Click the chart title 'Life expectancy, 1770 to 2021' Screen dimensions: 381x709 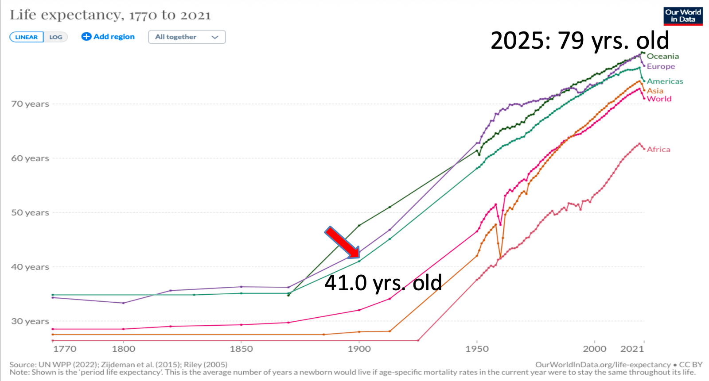(x=110, y=15)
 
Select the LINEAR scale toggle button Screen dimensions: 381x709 (x=27, y=37)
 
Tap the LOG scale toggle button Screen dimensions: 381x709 (x=56, y=37)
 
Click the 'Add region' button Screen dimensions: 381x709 (x=108, y=37)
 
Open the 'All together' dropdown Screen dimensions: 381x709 (x=187, y=37)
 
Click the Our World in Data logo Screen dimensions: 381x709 (x=683, y=16)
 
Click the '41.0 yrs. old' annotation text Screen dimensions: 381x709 (x=383, y=283)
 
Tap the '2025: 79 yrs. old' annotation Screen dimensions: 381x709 (x=580, y=41)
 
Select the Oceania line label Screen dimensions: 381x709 (x=662, y=56)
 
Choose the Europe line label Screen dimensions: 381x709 (x=661, y=66)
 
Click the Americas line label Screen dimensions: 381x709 (x=665, y=81)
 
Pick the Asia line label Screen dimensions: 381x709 (x=655, y=91)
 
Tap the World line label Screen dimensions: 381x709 (x=659, y=99)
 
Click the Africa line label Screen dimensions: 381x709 (x=658, y=150)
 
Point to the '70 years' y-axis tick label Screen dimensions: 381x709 (x=30, y=104)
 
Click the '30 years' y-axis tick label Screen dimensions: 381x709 (x=30, y=322)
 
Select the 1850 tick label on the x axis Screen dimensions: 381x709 (x=241, y=349)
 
